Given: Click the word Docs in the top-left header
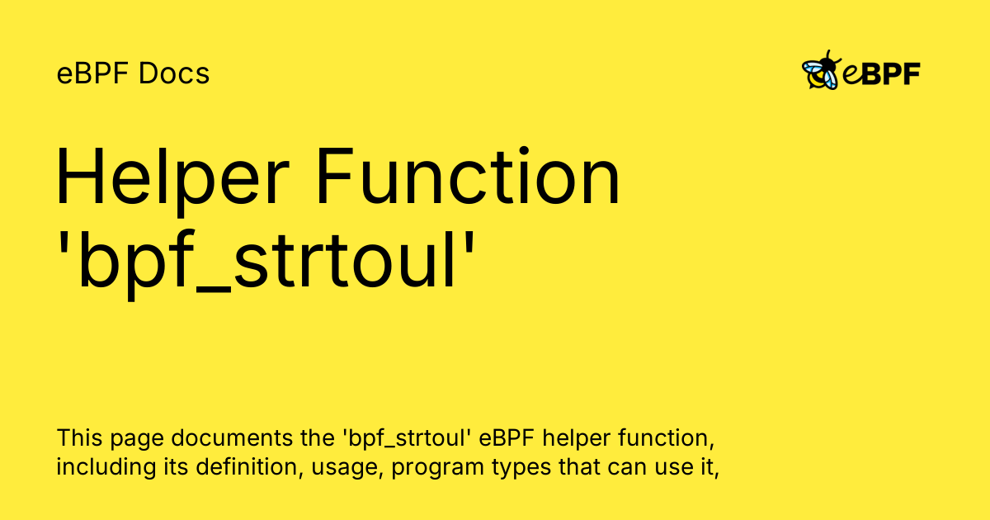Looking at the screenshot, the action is (x=174, y=73).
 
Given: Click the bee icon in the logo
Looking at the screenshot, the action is (x=821, y=70).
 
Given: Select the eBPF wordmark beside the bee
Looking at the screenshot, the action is (x=881, y=73).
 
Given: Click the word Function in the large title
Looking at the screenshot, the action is (x=468, y=176).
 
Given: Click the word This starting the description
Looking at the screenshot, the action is (x=79, y=438).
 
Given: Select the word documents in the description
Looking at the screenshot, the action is (x=232, y=438).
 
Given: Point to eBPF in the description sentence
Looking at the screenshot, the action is (x=507, y=438).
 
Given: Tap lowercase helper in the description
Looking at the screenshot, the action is (x=577, y=439).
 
